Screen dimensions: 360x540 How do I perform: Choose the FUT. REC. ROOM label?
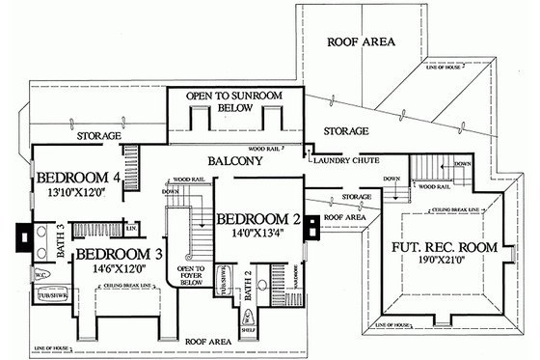click(445, 247)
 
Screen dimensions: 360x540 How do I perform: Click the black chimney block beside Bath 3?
click(21, 236)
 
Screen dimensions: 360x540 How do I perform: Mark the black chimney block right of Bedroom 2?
click(311, 226)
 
